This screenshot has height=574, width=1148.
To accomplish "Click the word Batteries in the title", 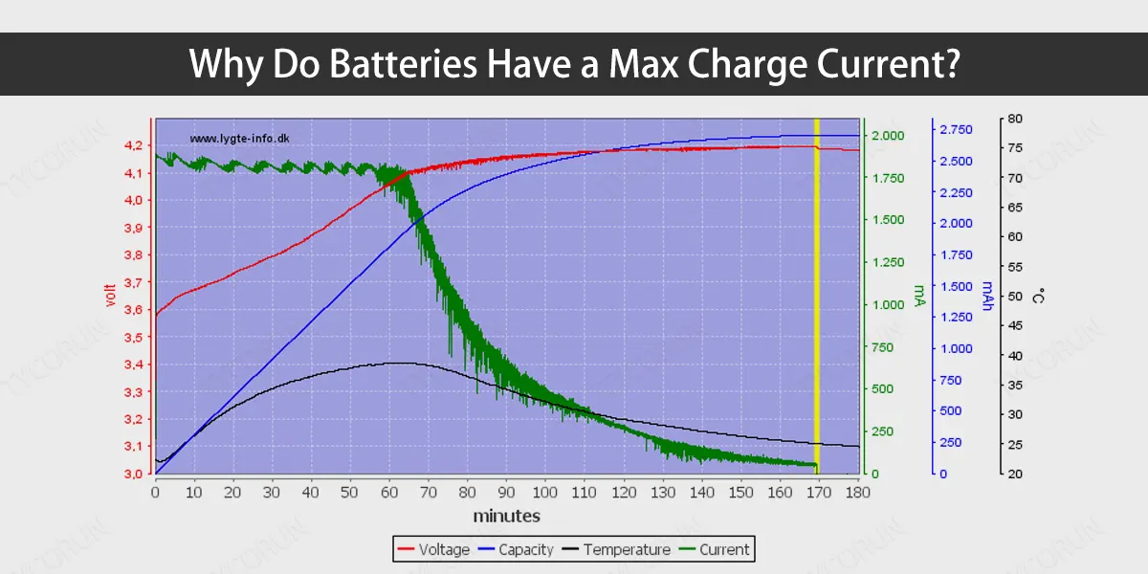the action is click(x=403, y=64).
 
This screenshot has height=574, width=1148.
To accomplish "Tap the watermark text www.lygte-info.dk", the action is click(x=239, y=139).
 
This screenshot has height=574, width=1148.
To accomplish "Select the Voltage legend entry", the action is click(x=433, y=549).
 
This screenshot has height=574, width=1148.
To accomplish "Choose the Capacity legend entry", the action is click(x=516, y=549).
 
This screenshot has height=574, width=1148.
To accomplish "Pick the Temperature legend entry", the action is click(x=616, y=549).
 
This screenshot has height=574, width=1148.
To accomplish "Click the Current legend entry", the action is click(x=714, y=549).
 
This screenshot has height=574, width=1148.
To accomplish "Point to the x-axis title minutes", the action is click(x=506, y=516).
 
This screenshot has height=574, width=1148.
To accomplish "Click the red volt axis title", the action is click(x=110, y=296).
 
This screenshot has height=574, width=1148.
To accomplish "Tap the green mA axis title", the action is click(x=919, y=296).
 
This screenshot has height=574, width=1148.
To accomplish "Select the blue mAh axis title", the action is click(x=987, y=296).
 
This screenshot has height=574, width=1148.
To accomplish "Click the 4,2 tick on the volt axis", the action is click(x=133, y=145).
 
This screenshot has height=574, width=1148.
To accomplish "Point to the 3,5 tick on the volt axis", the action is click(x=133, y=337).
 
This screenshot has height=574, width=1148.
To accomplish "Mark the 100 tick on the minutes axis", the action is click(x=544, y=493).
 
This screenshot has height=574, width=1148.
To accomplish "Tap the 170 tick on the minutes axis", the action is click(x=819, y=493).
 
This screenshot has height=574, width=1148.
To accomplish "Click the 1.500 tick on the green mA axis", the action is click(x=888, y=220).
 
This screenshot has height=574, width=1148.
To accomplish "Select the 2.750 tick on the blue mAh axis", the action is click(x=956, y=130).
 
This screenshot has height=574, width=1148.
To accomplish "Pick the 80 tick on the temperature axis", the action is click(x=1015, y=119).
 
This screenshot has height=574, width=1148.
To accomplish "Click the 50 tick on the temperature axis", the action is click(x=1015, y=297).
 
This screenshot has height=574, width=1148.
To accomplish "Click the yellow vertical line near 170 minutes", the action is click(x=817, y=297).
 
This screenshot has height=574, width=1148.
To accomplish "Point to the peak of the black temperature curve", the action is click(x=400, y=363).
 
